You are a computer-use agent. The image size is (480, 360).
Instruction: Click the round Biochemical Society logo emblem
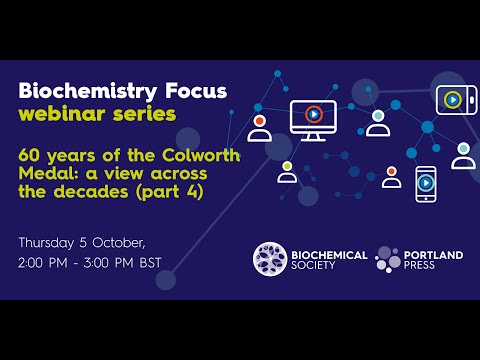(270, 259)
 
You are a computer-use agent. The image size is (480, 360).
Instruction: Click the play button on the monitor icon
(313, 114)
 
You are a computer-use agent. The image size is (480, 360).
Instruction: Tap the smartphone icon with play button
(427, 183)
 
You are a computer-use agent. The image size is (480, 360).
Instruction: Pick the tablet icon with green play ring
(455, 99)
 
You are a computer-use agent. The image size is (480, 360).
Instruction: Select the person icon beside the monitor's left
(260, 127)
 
